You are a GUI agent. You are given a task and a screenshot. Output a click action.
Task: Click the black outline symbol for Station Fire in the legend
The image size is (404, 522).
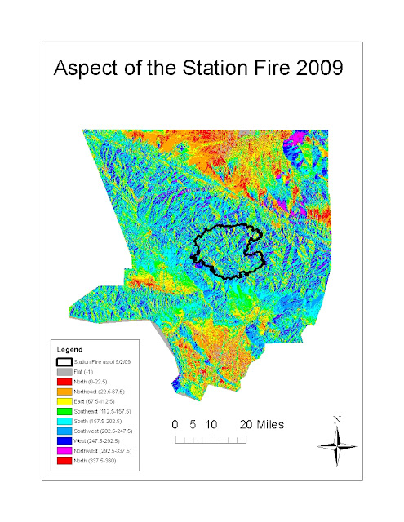click(62, 361)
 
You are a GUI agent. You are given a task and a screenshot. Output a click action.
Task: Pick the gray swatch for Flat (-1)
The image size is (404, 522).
click(62, 371)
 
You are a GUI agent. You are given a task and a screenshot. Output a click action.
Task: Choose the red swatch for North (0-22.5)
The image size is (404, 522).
click(62, 381)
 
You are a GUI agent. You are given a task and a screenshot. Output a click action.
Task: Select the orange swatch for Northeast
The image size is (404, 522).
click(62, 391)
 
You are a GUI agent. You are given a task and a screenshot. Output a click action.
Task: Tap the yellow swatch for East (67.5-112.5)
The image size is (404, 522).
click(62, 401)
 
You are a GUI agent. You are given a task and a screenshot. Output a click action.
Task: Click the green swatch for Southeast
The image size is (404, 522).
click(62, 412)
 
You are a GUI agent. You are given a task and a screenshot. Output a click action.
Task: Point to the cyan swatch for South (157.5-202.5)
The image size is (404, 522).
click(62, 422)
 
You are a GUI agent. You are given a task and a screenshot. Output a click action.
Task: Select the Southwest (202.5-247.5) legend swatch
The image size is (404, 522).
click(62, 431)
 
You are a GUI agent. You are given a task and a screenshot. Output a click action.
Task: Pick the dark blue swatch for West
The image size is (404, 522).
click(62, 441)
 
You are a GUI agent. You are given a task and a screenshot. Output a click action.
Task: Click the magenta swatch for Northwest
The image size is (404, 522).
click(62, 452)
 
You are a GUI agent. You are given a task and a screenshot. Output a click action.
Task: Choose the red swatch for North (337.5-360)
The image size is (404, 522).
click(62, 462)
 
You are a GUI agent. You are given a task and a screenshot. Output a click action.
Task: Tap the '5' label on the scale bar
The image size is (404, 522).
click(194, 425)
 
